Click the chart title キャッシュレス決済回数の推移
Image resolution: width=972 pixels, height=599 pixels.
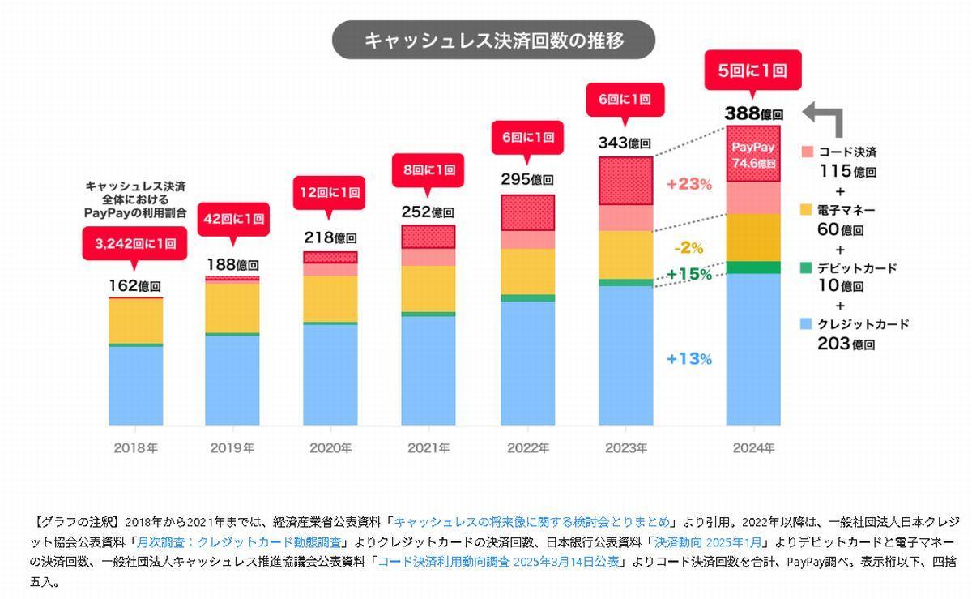[x=493, y=41]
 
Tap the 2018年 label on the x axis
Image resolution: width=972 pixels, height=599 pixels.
[x=135, y=447]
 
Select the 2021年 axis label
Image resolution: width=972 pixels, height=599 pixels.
[x=428, y=447]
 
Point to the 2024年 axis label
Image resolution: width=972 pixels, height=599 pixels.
[x=752, y=447]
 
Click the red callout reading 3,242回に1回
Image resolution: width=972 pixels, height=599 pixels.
[x=134, y=242]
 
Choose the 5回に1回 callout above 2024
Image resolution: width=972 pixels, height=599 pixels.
[x=752, y=71]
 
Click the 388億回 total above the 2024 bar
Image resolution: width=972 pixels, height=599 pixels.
[x=752, y=114]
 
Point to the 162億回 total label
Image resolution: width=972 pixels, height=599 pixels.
[x=134, y=285]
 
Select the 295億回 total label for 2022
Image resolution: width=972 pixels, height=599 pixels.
[x=526, y=180]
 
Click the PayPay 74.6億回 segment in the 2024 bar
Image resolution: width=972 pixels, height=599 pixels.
[x=753, y=155]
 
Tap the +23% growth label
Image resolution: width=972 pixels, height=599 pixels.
[x=689, y=185]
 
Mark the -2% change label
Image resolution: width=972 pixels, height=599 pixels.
[x=689, y=248]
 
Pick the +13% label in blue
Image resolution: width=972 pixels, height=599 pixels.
[x=689, y=358]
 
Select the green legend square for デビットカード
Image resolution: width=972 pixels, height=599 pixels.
[x=806, y=267]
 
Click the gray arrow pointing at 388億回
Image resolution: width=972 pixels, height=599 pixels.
[x=825, y=118]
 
